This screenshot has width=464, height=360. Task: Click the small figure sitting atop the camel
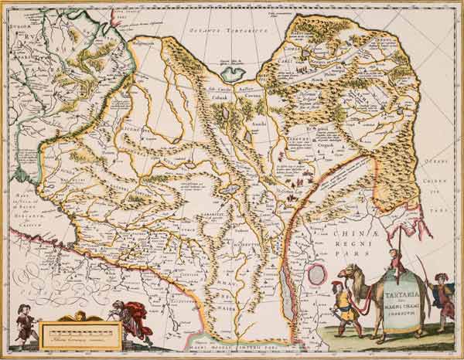[x=395, y=260]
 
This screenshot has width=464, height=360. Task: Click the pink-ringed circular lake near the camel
[x=317, y=274]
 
